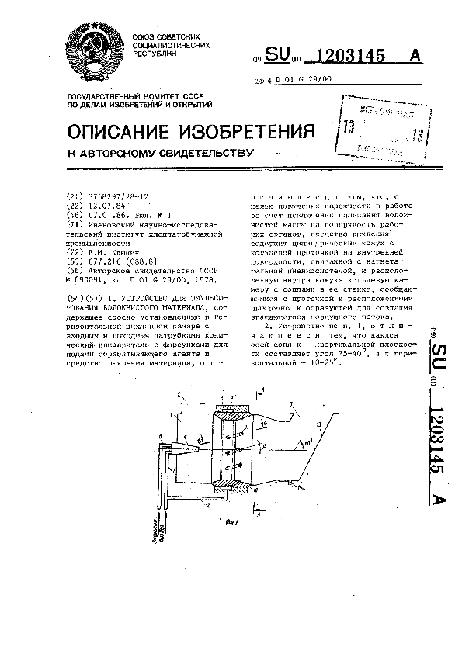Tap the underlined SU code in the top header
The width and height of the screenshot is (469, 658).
(278, 56)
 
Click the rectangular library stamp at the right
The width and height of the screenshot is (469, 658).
(383, 126)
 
